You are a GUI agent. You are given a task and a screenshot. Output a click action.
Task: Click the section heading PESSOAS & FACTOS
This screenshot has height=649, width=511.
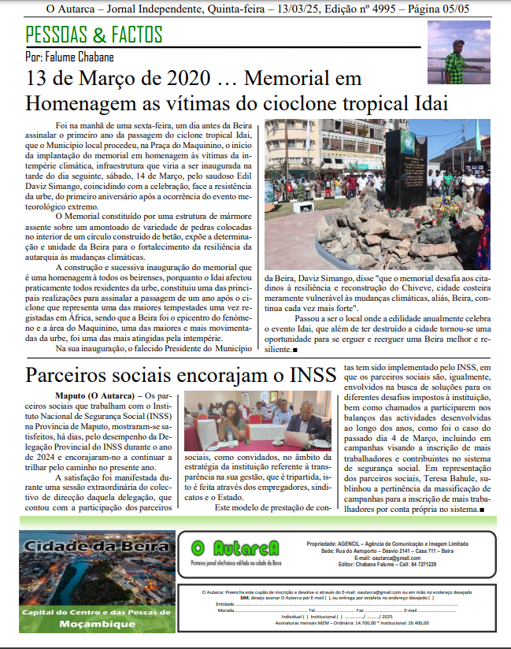tap(94, 35)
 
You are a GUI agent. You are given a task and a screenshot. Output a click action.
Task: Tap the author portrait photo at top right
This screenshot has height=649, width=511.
tap(458, 53)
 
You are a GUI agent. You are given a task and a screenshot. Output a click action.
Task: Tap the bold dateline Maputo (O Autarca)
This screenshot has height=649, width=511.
tap(94, 395)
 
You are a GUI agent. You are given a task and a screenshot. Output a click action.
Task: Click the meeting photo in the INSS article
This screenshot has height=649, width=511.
tap(247, 422)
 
